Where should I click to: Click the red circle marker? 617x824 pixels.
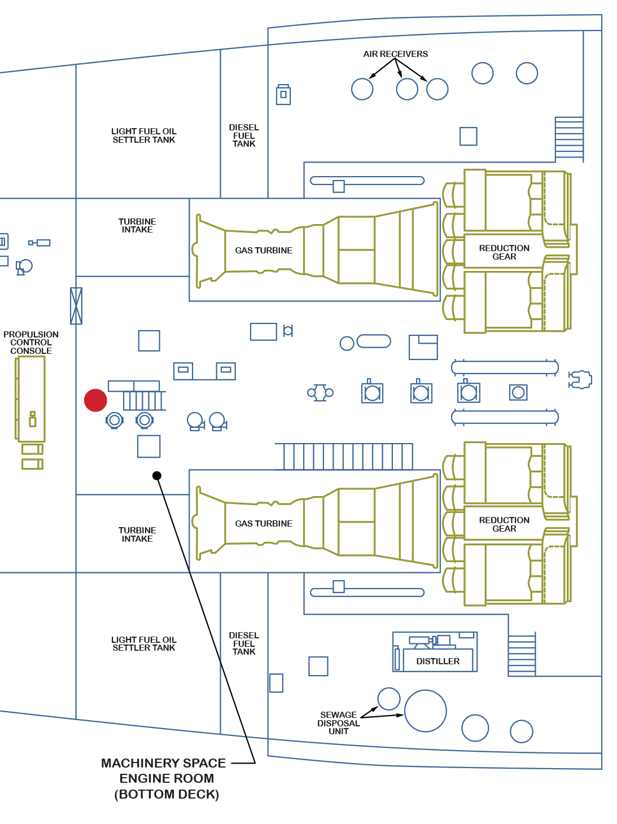pyautogui.click(x=95, y=400)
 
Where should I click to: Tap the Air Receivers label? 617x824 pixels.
pyautogui.click(x=395, y=54)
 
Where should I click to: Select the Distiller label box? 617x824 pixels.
pyautogui.click(x=437, y=661)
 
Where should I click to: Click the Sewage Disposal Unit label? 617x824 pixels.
pyautogui.click(x=338, y=723)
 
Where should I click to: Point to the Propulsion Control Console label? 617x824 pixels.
pyautogui.click(x=31, y=343)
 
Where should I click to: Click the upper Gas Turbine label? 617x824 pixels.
pyautogui.click(x=264, y=251)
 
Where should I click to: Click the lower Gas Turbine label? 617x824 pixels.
pyautogui.click(x=264, y=524)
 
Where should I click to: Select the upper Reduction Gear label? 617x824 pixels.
pyautogui.click(x=504, y=252)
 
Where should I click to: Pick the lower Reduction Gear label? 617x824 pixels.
pyautogui.click(x=504, y=524)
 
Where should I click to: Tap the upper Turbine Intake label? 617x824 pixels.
pyautogui.click(x=137, y=226)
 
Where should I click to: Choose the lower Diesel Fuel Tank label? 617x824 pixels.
pyautogui.click(x=244, y=643)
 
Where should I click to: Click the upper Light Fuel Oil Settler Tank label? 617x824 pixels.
pyautogui.click(x=144, y=135)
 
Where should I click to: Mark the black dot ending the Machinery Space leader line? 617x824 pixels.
pyautogui.click(x=157, y=476)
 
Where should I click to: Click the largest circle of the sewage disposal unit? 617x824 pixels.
pyautogui.click(x=426, y=711)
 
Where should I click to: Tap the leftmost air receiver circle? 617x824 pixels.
pyautogui.click(x=362, y=89)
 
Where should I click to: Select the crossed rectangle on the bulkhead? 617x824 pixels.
pyautogui.click(x=76, y=306)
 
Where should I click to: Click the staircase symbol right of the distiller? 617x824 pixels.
pyautogui.click(x=522, y=655)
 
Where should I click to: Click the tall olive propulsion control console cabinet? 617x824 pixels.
pyautogui.click(x=31, y=399)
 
